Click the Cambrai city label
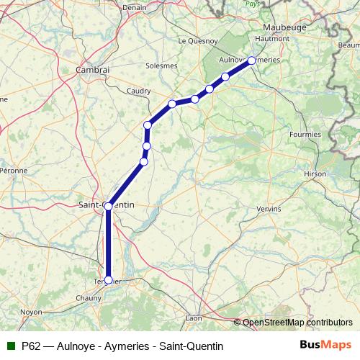(x=93, y=71)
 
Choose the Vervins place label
(x=269, y=210)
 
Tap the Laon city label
(x=194, y=317)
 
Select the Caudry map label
(x=138, y=91)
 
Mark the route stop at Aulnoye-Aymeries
(x=251, y=60)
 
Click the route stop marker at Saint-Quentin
(x=109, y=206)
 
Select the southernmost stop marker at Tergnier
(x=109, y=280)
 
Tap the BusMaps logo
(x=325, y=346)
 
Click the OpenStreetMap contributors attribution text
(x=297, y=322)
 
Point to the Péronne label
(x=14, y=171)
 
